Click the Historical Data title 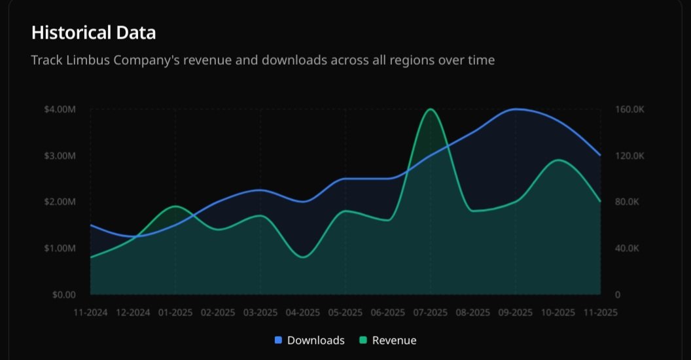[x=94, y=32]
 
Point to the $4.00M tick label [x=60, y=109]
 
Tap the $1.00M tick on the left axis [x=60, y=249]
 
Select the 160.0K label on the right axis [x=630, y=109]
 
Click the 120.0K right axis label [x=630, y=156]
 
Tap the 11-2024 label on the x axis [x=90, y=313]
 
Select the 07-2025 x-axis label [x=430, y=313]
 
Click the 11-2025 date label [x=599, y=313]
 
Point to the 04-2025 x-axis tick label [x=302, y=313]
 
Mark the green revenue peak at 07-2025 [x=430, y=109]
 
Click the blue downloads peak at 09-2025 [x=516, y=109]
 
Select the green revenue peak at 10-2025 [x=558, y=160]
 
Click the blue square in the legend [x=278, y=340]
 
